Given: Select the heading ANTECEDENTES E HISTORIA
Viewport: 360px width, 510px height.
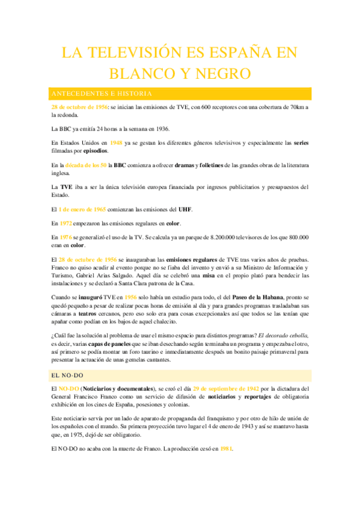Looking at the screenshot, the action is tap(102, 94).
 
